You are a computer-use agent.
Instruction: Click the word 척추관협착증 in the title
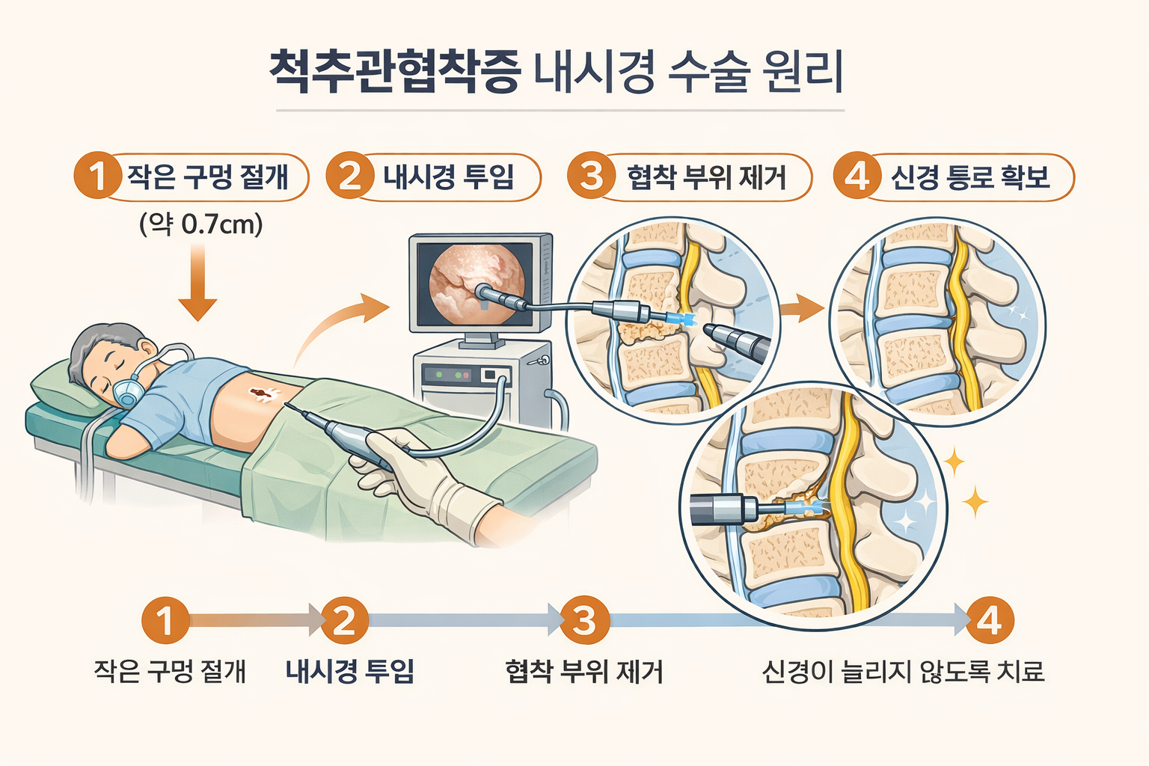coord(394,73)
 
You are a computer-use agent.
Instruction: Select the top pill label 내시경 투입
coord(448,177)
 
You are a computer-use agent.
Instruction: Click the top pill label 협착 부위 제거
coord(706,177)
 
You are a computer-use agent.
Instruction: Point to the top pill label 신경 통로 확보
coord(970,177)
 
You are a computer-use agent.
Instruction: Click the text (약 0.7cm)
coord(201,224)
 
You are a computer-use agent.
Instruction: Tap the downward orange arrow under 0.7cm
coord(197,284)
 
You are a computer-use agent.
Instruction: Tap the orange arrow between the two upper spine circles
coord(801,308)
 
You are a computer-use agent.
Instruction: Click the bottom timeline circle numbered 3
coord(583,620)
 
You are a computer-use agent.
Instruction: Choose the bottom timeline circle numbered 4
coord(989,620)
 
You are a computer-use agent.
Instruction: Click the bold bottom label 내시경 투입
coord(350,671)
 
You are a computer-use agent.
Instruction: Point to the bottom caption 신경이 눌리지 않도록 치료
coord(903,671)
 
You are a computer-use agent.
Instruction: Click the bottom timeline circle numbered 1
coord(165,620)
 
